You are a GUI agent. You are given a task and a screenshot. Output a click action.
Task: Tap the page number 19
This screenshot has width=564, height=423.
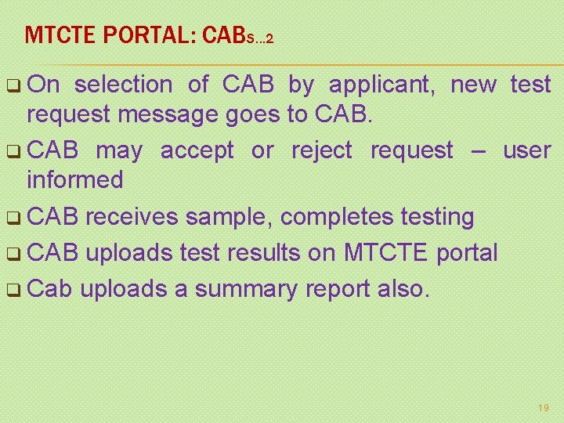click(544, 408)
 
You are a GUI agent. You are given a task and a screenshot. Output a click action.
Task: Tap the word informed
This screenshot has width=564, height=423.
click(74, 179)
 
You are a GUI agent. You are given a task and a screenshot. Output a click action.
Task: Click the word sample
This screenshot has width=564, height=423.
click(234, 217)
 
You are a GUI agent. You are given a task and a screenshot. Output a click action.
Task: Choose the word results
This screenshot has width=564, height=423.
click(298, 253)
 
